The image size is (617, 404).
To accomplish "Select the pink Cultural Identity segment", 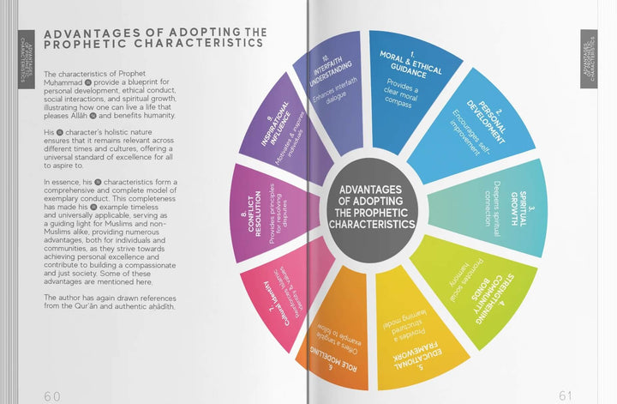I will (279, 296).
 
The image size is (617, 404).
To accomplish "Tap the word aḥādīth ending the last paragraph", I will (155, 307).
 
